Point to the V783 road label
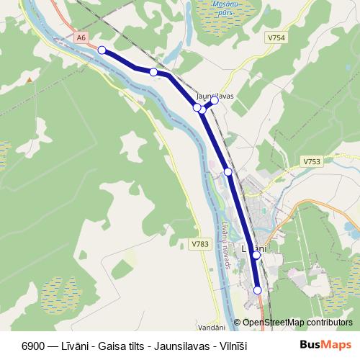click(200, 244)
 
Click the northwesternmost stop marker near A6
click(102, 50)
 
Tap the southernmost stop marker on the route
click(258, 290)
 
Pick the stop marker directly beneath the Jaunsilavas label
click(214, 101)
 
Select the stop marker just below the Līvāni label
click(256, 255)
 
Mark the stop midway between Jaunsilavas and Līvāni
click(228, 171)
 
